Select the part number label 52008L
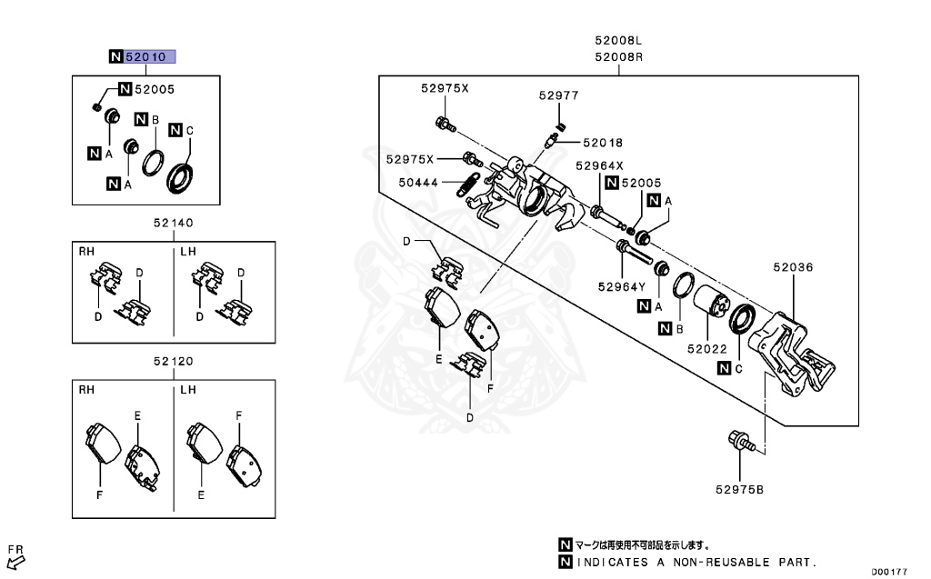618,41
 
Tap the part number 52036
793,268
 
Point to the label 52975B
738,490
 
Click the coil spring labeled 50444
469,184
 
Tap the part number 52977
557,95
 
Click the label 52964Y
621,287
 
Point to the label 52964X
599,165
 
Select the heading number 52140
173,223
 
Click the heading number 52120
173,361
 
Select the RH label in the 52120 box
86,388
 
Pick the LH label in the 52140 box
188,250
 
